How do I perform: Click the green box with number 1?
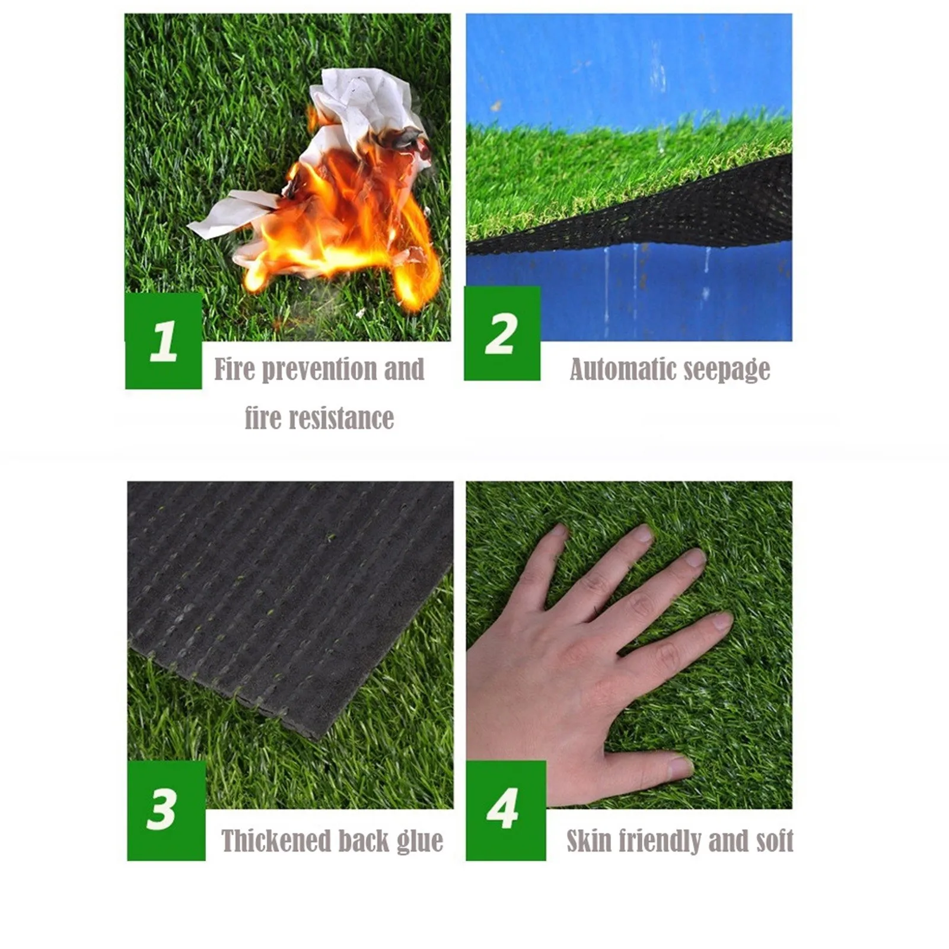163,340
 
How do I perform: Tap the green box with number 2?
502,333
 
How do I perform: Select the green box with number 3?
165,810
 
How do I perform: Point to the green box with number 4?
505,810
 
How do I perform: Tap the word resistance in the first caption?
343,418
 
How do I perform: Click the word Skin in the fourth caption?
588,841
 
